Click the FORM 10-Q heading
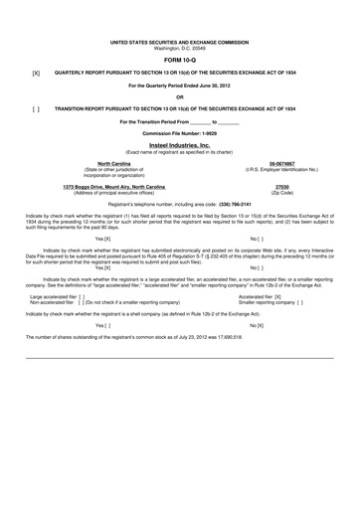(179, 60)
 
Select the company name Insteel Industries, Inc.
(179, 144)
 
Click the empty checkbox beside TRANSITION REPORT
(36, 108)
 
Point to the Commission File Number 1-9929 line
(179, 132)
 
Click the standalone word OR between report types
(179, 96)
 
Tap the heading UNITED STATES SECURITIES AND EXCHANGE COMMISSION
(179, 42)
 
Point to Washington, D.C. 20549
(179, 48)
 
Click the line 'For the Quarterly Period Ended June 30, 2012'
(179, 85)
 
